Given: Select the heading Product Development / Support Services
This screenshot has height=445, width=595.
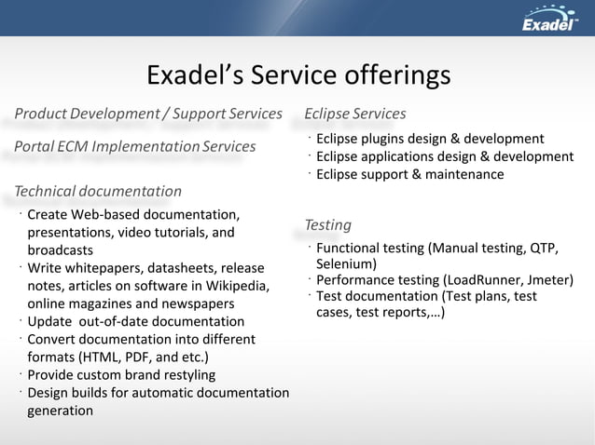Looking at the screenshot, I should point(148,114).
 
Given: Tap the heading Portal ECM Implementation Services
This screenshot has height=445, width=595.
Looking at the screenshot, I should point(135,146).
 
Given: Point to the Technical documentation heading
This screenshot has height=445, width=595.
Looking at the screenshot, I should point(98,192).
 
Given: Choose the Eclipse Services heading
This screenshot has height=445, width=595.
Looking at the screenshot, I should point(355,114).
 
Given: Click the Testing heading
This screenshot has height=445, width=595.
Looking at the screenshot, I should point(328,224).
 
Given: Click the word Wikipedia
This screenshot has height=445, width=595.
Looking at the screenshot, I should point(237,286).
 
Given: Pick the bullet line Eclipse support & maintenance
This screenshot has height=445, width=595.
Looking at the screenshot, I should point(409,174).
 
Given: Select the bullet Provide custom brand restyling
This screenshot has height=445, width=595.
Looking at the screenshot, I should point(121,374).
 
